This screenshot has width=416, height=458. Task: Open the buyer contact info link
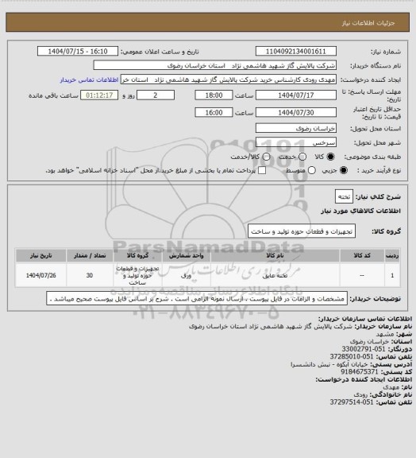[x=95, y=80]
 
